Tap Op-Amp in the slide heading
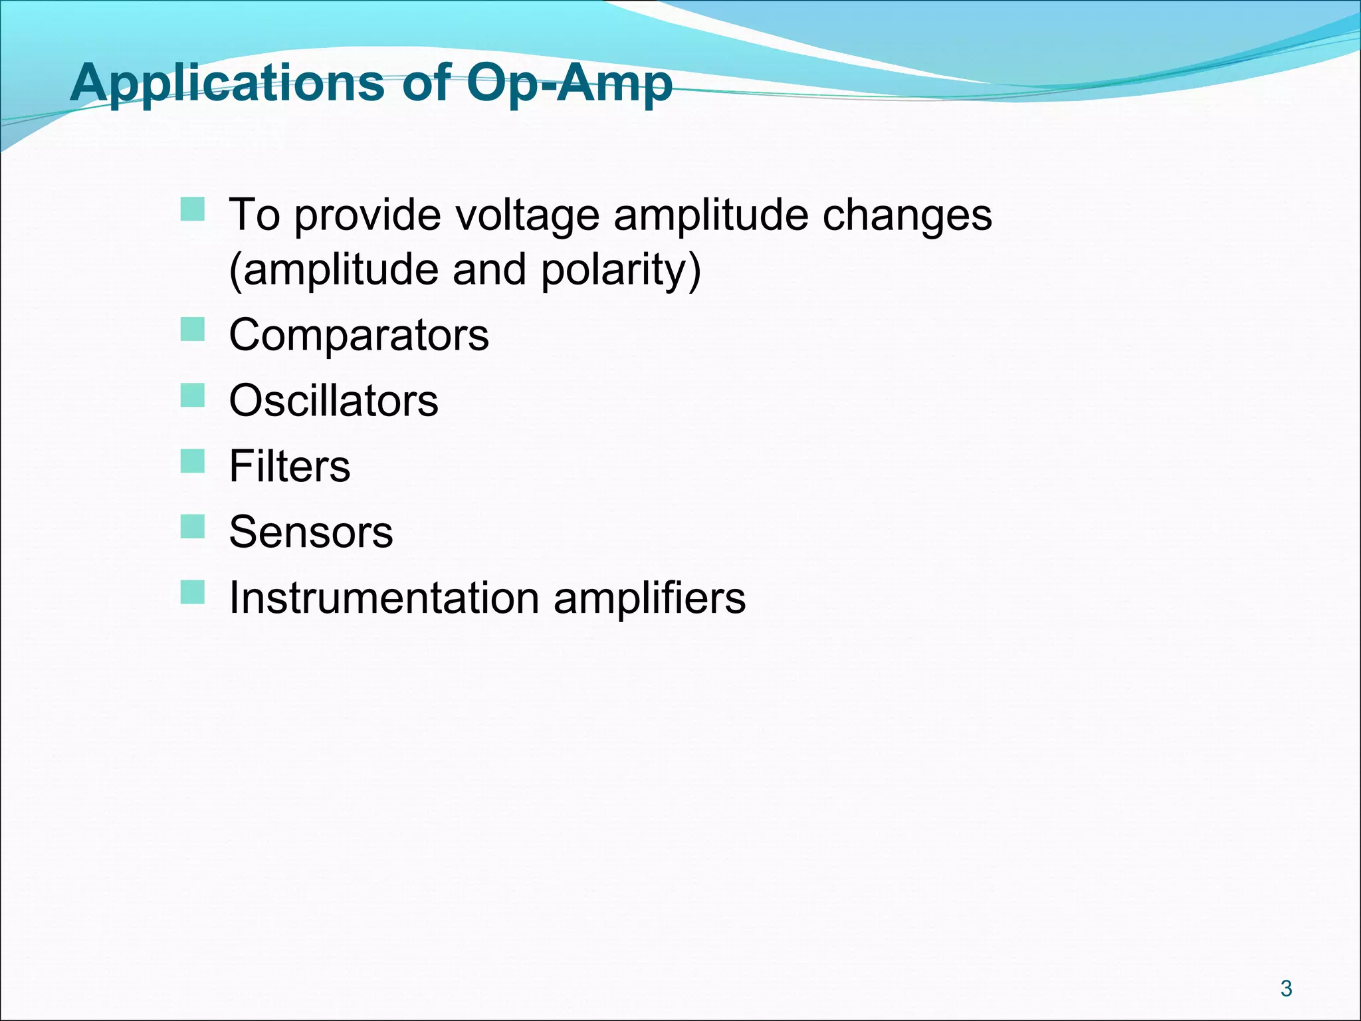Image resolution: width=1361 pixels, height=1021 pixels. (569, 84)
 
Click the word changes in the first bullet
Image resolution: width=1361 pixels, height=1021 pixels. (907, 215)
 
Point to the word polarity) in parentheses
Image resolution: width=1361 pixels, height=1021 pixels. (621, 270)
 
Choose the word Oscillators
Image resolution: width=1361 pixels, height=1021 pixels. (334, 401)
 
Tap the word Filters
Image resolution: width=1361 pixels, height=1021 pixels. (289, 466)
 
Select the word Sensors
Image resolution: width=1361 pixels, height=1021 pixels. (311, 532)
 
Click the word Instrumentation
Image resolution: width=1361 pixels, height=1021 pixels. (384, 598)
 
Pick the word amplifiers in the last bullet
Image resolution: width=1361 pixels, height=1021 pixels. (649, 598)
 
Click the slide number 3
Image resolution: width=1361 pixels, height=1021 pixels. (1286, 988)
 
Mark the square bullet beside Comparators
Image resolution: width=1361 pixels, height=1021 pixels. (193, 329)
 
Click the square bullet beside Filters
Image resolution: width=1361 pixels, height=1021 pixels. (193, 461)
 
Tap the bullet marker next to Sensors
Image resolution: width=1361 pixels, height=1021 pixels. (193, 526)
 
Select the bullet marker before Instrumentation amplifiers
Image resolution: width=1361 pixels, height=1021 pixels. (193, 592)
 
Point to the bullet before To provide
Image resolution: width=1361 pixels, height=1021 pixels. (193, 209)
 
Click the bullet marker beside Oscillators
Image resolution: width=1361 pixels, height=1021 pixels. (193, 395)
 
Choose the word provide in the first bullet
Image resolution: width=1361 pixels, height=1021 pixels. (367, 215)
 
